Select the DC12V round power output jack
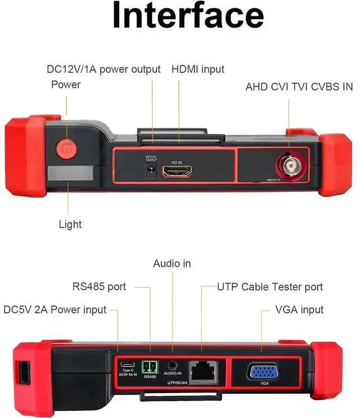(151, 172)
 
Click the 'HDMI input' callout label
(198, 69)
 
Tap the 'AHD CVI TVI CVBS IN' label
(299, 87)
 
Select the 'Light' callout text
(70, 224)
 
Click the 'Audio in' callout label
(172, 263)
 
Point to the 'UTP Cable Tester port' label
(270, 287)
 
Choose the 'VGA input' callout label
(299, 309)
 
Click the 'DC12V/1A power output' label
(103, 69)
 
